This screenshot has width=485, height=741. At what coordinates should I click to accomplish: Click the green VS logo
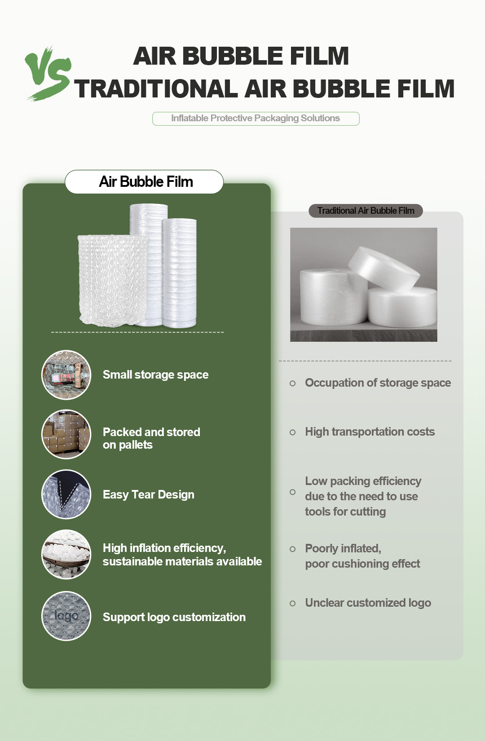click(x=48, y=73)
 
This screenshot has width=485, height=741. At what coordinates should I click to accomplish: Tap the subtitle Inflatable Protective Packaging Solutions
click(x=256, y=119)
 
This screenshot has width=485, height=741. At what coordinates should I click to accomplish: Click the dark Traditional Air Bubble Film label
click(x=366, y=211)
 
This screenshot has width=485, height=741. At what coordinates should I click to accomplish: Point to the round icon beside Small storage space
click(x=66, y=375)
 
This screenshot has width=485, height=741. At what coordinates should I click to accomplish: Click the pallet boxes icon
click(x=66, y=434)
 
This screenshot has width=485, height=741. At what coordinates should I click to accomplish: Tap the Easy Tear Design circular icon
click(x=66, y=494)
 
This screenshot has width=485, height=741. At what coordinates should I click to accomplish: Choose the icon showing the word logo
click(x=66, y=616)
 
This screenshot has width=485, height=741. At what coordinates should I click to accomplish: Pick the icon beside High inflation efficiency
click(x=66, y=554)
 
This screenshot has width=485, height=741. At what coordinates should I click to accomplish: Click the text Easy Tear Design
click(x=148, y=494)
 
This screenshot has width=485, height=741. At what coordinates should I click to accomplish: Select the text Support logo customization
click(x=174, y=617)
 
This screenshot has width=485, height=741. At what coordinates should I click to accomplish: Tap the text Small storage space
click(x=155, y=375)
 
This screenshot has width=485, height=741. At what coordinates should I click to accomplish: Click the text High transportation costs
click(x=370, y=432)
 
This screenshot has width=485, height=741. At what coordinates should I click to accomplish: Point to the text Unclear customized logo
click(x=368, y=603)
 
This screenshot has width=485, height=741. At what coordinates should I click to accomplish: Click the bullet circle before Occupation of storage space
click(x=293, y=384)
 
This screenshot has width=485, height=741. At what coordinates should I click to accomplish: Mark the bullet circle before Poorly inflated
click(x=293, y=549)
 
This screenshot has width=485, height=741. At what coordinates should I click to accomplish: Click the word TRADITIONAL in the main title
click(x=155, y=88)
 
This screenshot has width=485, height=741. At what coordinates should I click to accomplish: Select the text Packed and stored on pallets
click(x=151, y=438)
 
